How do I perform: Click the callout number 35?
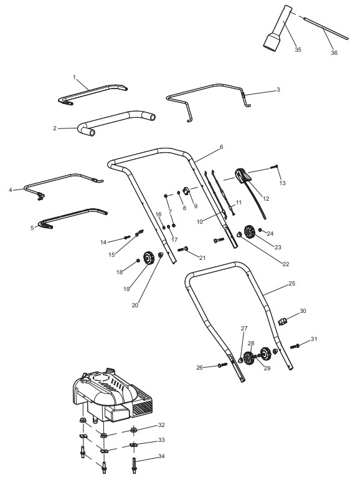[298, 50]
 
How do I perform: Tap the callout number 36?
[334, 52]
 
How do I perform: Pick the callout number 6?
[222, 147]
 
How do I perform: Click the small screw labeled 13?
[274, 167]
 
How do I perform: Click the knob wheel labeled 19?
[149, 257]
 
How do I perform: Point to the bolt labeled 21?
[183, 249]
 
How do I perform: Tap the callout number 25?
[291, 284]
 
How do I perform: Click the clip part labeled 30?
[283, 322]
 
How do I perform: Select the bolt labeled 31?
[295, 346]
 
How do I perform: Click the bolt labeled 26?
[222, 365]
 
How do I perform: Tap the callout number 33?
[161, 440]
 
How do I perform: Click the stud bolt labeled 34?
[134, 465]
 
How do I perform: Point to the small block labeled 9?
[186, 191]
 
